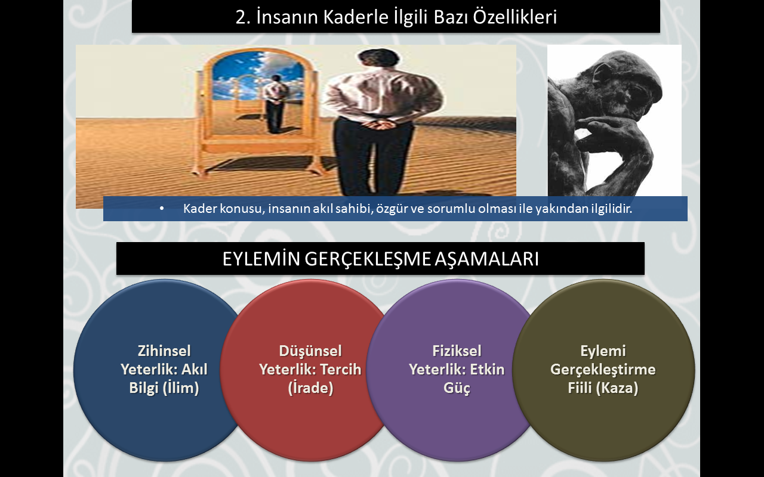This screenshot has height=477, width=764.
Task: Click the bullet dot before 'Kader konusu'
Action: coord(162,209)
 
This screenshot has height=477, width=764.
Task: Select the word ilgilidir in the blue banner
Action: coord(611,209)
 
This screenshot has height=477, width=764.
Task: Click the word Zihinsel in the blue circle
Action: coord(164,351)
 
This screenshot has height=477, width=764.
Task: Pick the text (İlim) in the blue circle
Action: coord(181,388)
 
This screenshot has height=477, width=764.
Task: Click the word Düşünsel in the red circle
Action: coord(310,351)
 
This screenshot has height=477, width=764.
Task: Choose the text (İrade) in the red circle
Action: coord(310,388)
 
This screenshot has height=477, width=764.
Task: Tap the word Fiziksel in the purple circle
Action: coord(457,351)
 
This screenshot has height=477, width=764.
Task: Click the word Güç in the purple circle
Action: coord(457,388)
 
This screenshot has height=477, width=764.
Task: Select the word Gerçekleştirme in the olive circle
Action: coord(603,370)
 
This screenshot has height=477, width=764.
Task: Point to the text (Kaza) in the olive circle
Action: coord(617,388)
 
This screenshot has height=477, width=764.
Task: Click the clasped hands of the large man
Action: coord(383,125)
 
